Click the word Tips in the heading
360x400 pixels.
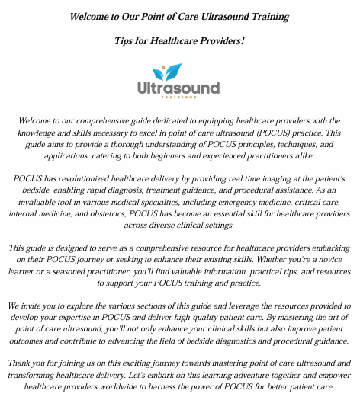(126, 40)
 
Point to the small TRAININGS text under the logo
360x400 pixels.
(180, 98)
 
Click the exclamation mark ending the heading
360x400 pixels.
(243, 40)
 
